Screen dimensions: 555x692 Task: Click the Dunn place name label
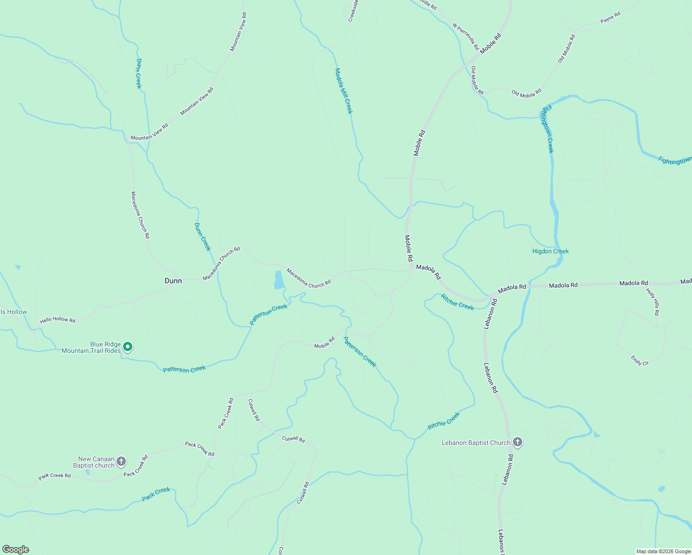pyautogui.click(x=173, y=281)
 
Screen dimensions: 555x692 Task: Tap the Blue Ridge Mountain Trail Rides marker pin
pyautogui.click(x=128, y=346)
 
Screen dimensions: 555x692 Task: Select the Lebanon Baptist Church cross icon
pyautogui.click(x=518, y=443)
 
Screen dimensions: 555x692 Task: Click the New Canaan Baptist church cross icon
pyautogui.click(x=121, y=461)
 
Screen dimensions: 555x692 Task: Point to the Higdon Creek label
pyautogui.click(x=550, y=251)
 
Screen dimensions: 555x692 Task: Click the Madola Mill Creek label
pyautogui.click(x=344, y=91)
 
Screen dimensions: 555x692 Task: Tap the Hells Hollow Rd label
pyautogui.click(x=57, y=320)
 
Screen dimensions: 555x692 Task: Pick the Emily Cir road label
pyautogui.click(x=640, y=361)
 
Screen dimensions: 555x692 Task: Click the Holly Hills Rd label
pyautogui.click(x=653, y=302)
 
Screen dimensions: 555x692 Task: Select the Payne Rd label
pyautogui.click(x=610, y=18)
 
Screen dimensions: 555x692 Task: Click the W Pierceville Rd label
pyautogui.click(x=465, y=36)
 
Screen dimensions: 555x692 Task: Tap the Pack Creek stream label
pyautogui.click(x=156, y=494)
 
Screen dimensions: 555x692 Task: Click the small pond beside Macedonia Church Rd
pyautogui.click(x=279, y=280)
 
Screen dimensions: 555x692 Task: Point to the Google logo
pyautogui.click(x=16, y=549)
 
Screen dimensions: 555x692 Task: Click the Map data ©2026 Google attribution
pyautogui.click(x=663, y=551)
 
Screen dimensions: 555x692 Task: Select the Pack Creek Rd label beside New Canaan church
pyautogui.click(x=136, y=466)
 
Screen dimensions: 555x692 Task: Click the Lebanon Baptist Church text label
pyautogui.click(x=476, y=443)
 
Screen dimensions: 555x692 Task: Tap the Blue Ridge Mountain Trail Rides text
pyautogui.click(x=91, y=347)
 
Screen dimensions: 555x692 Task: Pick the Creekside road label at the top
pyautogui.click(x=353, y=11)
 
